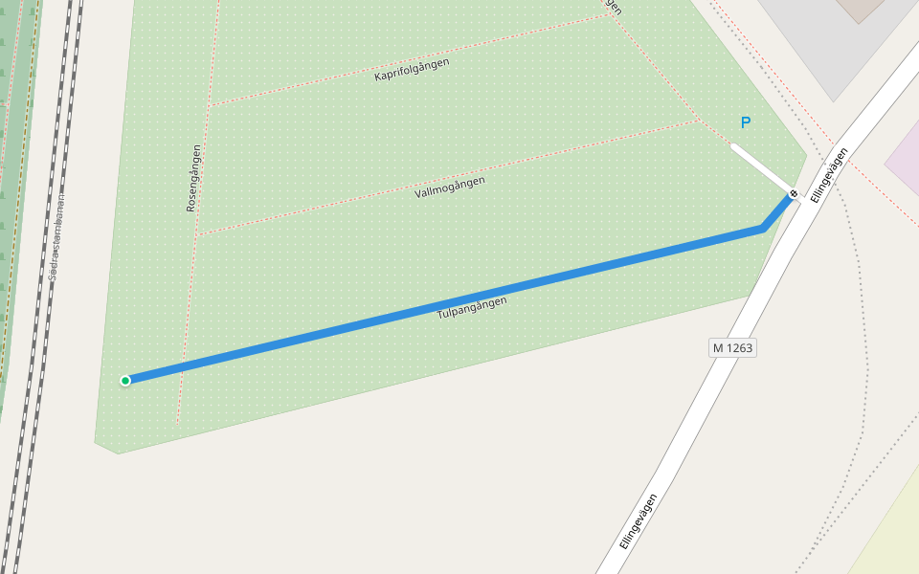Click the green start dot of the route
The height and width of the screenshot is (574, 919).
point(125,381)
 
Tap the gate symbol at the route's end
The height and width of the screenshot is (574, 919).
point(793,194)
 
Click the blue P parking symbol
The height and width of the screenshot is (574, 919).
point(746,122)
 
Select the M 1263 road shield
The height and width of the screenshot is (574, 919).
point(733,348)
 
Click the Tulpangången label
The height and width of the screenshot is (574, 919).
point(472,307)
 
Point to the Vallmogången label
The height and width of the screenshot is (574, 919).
point(450,188)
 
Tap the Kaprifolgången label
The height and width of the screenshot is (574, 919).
point(412,69)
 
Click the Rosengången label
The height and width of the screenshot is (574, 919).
point(193,178)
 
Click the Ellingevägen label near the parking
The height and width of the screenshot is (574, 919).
point(829,174)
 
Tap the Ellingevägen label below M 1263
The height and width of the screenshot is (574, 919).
point(639,520)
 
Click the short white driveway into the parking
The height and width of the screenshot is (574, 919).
point(761,167)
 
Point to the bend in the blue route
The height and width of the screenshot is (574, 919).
point(762,229)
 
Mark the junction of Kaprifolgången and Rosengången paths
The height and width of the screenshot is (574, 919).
point(211,104)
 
